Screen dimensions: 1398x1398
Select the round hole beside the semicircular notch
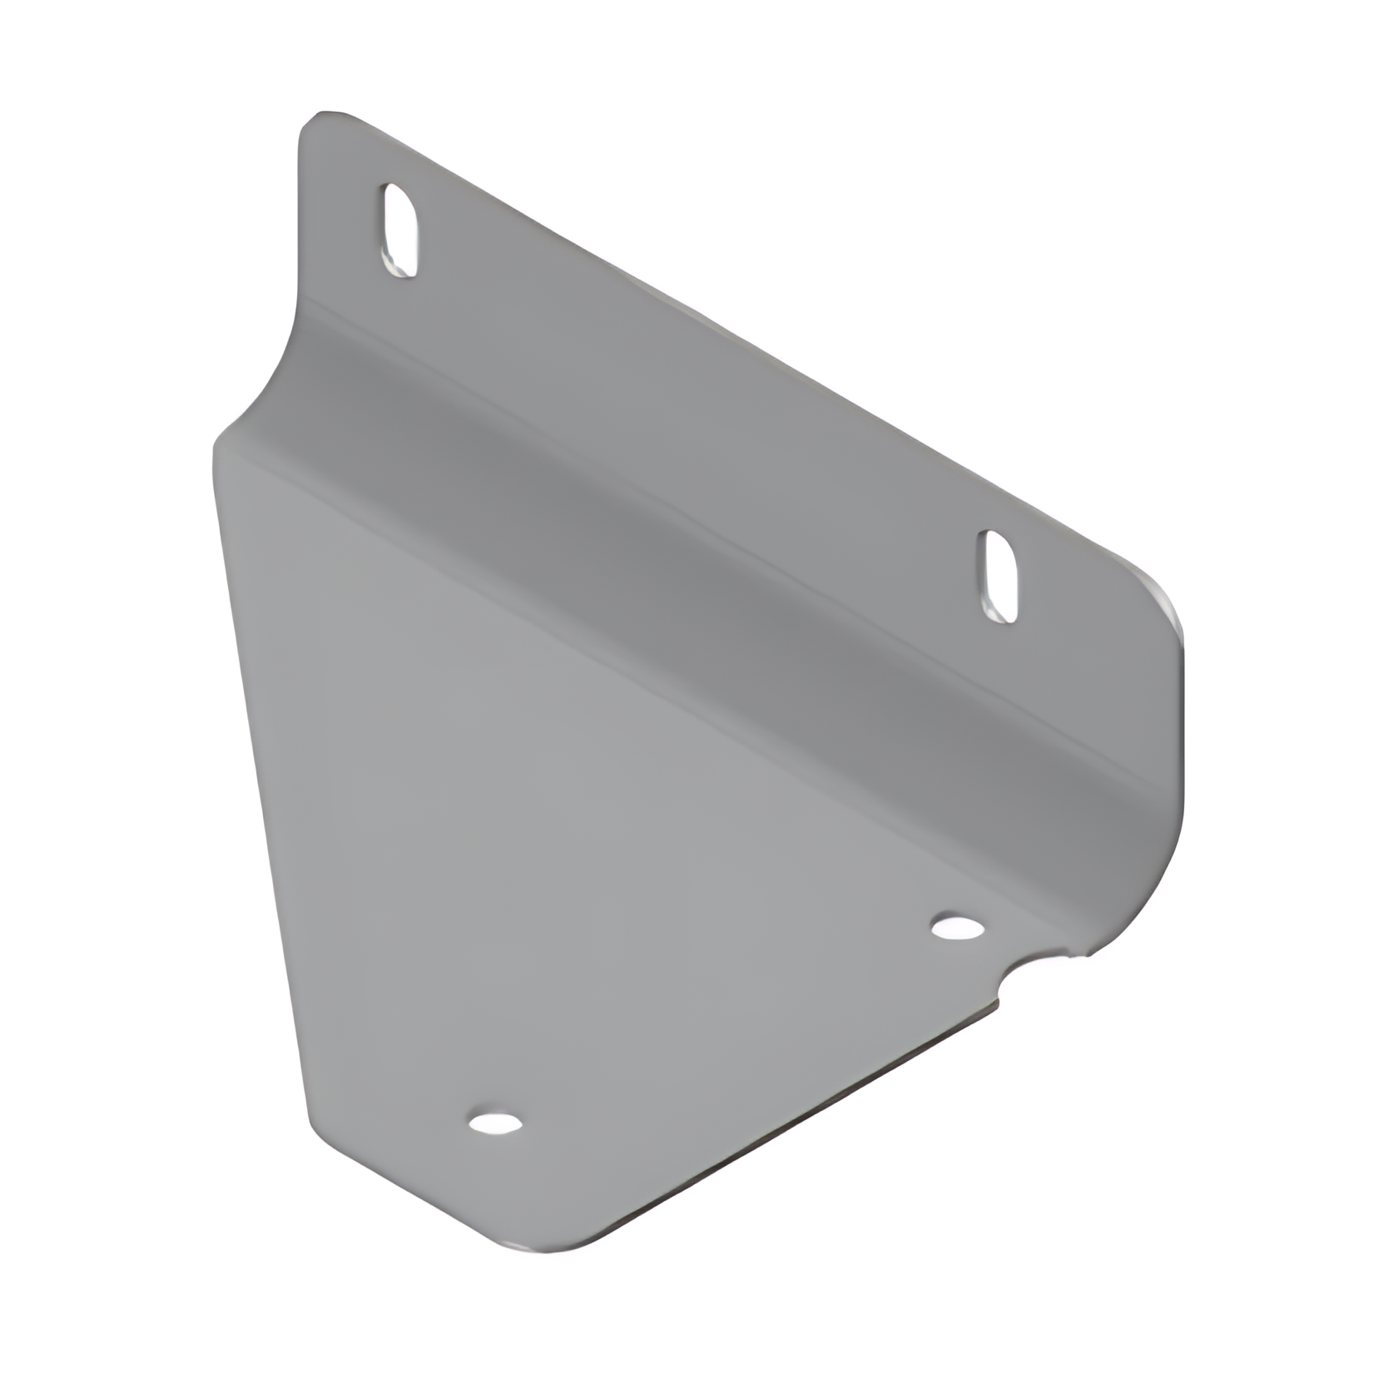pyautogui.click(x=955, y=926)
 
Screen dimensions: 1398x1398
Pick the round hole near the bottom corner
pyautogui.click(x=495, y=1123)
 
